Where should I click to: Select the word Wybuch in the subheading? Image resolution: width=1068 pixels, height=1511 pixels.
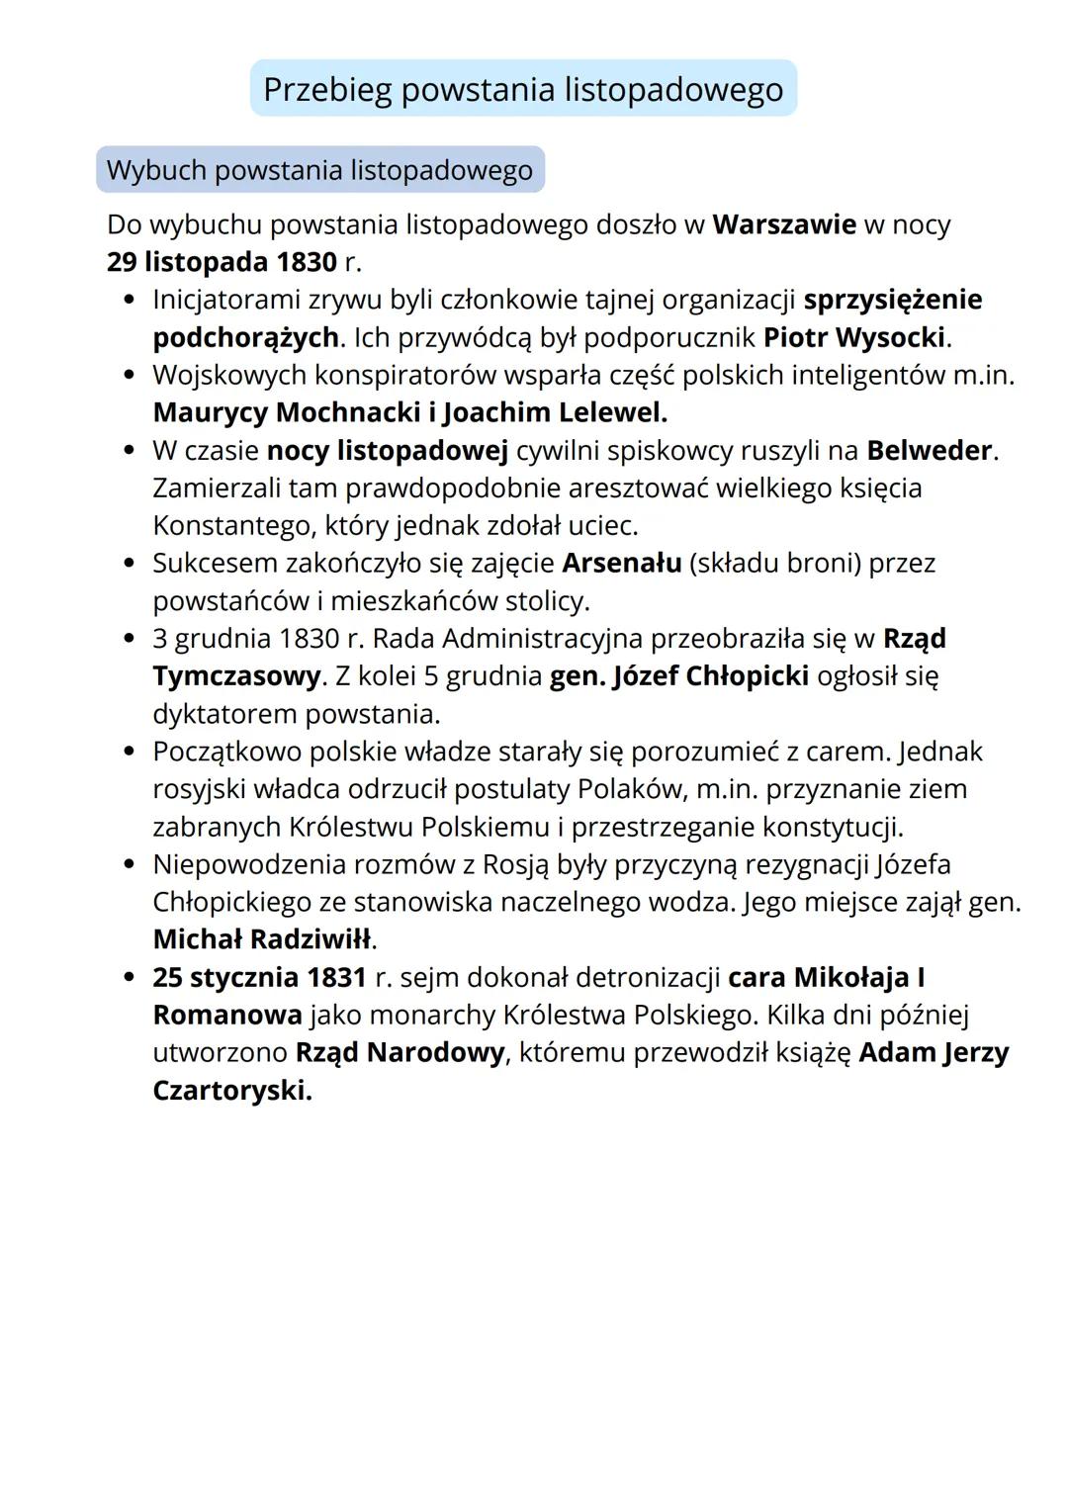click(155, 170)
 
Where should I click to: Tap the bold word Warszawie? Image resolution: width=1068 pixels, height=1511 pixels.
click(783, 224)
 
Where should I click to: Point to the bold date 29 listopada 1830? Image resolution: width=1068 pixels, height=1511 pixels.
click(222, 262)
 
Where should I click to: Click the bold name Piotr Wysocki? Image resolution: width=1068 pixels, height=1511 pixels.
click(854, 337)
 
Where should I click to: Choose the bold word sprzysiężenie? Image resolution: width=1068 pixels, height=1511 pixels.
click(893, 300)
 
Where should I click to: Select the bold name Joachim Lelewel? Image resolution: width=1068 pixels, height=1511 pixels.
click(555, 412)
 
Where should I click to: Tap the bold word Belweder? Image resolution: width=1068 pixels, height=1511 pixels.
click(929, 451)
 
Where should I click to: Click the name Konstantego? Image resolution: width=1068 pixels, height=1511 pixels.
click(234, 525)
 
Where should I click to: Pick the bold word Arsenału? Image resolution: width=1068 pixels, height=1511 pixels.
click(621, 564)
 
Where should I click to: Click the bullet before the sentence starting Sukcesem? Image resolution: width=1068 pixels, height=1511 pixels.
click(129, 564)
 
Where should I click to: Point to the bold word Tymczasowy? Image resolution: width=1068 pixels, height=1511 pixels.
click(236, 676)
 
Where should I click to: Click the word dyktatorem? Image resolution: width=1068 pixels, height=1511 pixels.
click(224, 714)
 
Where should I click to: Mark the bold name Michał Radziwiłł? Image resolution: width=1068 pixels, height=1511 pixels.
click(262, 938)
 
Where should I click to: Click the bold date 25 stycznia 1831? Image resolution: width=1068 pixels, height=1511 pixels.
click(259, 977)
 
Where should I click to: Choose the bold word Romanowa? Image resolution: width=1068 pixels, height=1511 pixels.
click(226, 1015)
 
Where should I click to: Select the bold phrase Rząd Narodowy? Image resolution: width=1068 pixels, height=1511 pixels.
click(400, 1052)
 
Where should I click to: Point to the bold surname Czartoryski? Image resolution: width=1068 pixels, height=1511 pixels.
click(230, 1091)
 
